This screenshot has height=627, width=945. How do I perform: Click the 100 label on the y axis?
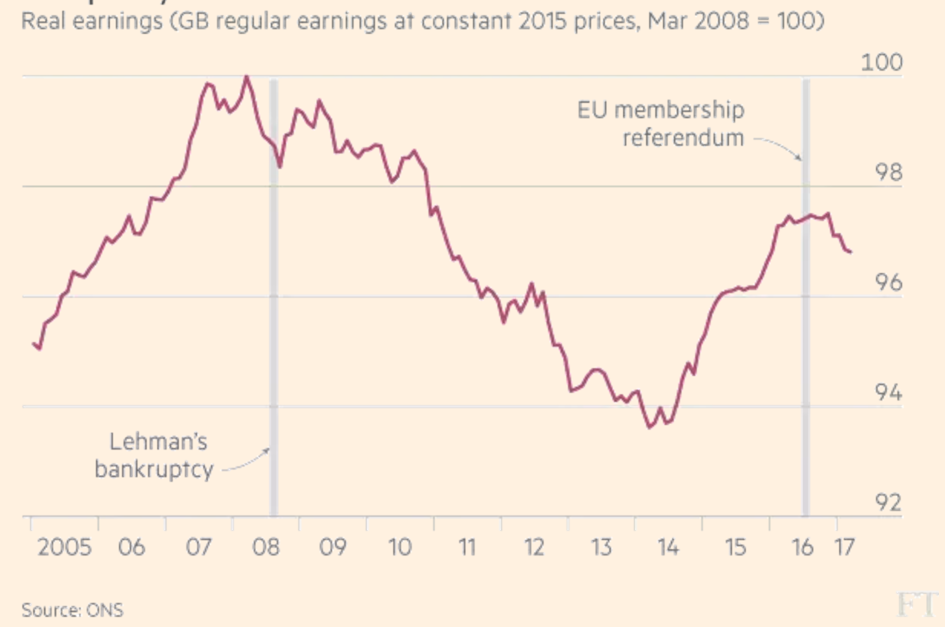[881, 62]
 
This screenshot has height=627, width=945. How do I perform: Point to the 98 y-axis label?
[888, 172]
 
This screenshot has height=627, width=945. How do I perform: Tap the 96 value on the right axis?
[888, 282]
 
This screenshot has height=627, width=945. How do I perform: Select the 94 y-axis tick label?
[888, 393]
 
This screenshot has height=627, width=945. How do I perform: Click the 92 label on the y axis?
[888, 503]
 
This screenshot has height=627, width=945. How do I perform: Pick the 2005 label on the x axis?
[64, 548]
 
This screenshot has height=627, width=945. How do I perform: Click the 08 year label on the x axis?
[266, 548]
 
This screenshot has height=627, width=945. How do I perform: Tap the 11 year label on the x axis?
[467, 548]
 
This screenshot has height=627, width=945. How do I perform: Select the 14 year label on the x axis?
[668, 548]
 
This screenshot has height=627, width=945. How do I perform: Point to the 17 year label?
[845, 548]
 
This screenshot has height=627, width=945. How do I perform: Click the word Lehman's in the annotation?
[158, 442]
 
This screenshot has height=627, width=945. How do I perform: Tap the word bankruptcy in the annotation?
[154, 469]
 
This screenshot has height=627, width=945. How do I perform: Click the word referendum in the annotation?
[683, 138]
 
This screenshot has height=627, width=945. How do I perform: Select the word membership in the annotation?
[679, 110]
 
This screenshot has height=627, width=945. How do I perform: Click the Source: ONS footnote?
[73, 610]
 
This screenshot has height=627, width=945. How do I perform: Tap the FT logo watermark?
[917, 605]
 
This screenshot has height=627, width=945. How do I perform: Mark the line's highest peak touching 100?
[247, 77]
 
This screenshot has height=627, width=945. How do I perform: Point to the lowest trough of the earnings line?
[650, 427]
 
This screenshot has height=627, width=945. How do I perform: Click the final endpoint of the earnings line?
[850, 252]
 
